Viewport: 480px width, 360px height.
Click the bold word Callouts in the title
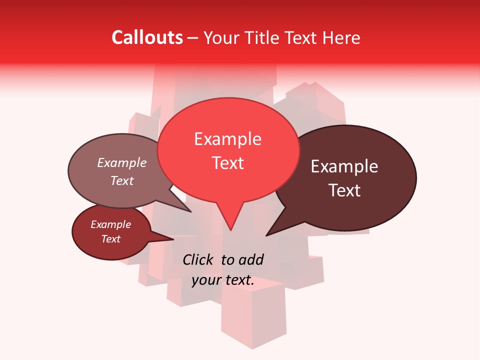(147, 37)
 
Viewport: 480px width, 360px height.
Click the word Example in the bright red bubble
(227, 139)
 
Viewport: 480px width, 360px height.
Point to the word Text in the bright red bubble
(227, 163)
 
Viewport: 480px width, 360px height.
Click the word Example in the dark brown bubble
(344, 166)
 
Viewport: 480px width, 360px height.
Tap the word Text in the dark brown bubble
(344, 190)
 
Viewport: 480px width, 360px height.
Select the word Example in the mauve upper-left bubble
(121, 162)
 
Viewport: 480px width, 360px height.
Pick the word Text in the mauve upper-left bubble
(121, 180)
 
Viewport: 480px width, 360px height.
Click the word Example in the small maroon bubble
(110, 224)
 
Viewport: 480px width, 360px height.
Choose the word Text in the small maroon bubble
(110, 239)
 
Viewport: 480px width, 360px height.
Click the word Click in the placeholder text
(199, 259)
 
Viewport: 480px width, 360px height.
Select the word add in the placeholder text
(251, 259)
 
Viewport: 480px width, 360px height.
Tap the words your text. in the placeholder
(223, 280)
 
